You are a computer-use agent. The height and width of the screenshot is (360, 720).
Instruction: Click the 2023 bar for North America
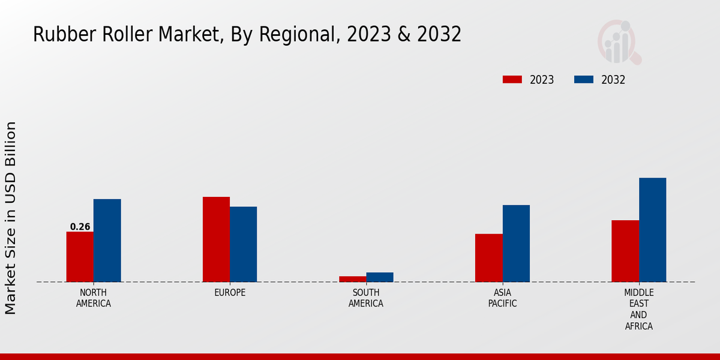point(80,257)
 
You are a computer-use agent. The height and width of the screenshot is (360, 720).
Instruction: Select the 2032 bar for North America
point(107,241)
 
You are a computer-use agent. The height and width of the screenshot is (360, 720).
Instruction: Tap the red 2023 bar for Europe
point(216,239)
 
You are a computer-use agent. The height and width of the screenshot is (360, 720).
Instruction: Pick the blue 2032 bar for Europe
point(243,244)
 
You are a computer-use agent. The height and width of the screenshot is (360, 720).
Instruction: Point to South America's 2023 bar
point(352,279)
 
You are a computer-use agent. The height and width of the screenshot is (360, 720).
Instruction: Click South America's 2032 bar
point(380,277)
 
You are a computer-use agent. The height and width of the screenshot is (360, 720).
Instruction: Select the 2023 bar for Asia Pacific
point(488,258)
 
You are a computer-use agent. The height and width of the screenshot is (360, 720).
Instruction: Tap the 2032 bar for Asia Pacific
point(516,244)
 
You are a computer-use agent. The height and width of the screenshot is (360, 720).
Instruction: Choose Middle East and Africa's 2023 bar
point(625,251)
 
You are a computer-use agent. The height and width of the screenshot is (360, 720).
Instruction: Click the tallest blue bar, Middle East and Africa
point(652,230)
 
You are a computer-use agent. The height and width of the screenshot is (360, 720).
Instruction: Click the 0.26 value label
point(80,227)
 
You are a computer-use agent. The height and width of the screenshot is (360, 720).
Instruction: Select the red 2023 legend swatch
point(512,80)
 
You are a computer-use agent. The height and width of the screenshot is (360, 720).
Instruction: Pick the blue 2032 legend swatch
point(584,80)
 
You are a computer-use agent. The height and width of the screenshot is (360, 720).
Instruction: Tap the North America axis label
point(94,298)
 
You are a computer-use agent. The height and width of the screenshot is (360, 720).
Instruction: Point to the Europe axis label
point(230,293)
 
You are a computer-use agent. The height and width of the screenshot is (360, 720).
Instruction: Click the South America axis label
point(366,298)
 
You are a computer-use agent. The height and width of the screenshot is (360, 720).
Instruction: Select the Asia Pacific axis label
point(503,298)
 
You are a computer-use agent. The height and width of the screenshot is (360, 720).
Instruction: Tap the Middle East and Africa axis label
point(638,310)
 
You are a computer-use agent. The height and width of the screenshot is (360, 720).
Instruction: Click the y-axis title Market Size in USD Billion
point(11,218)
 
